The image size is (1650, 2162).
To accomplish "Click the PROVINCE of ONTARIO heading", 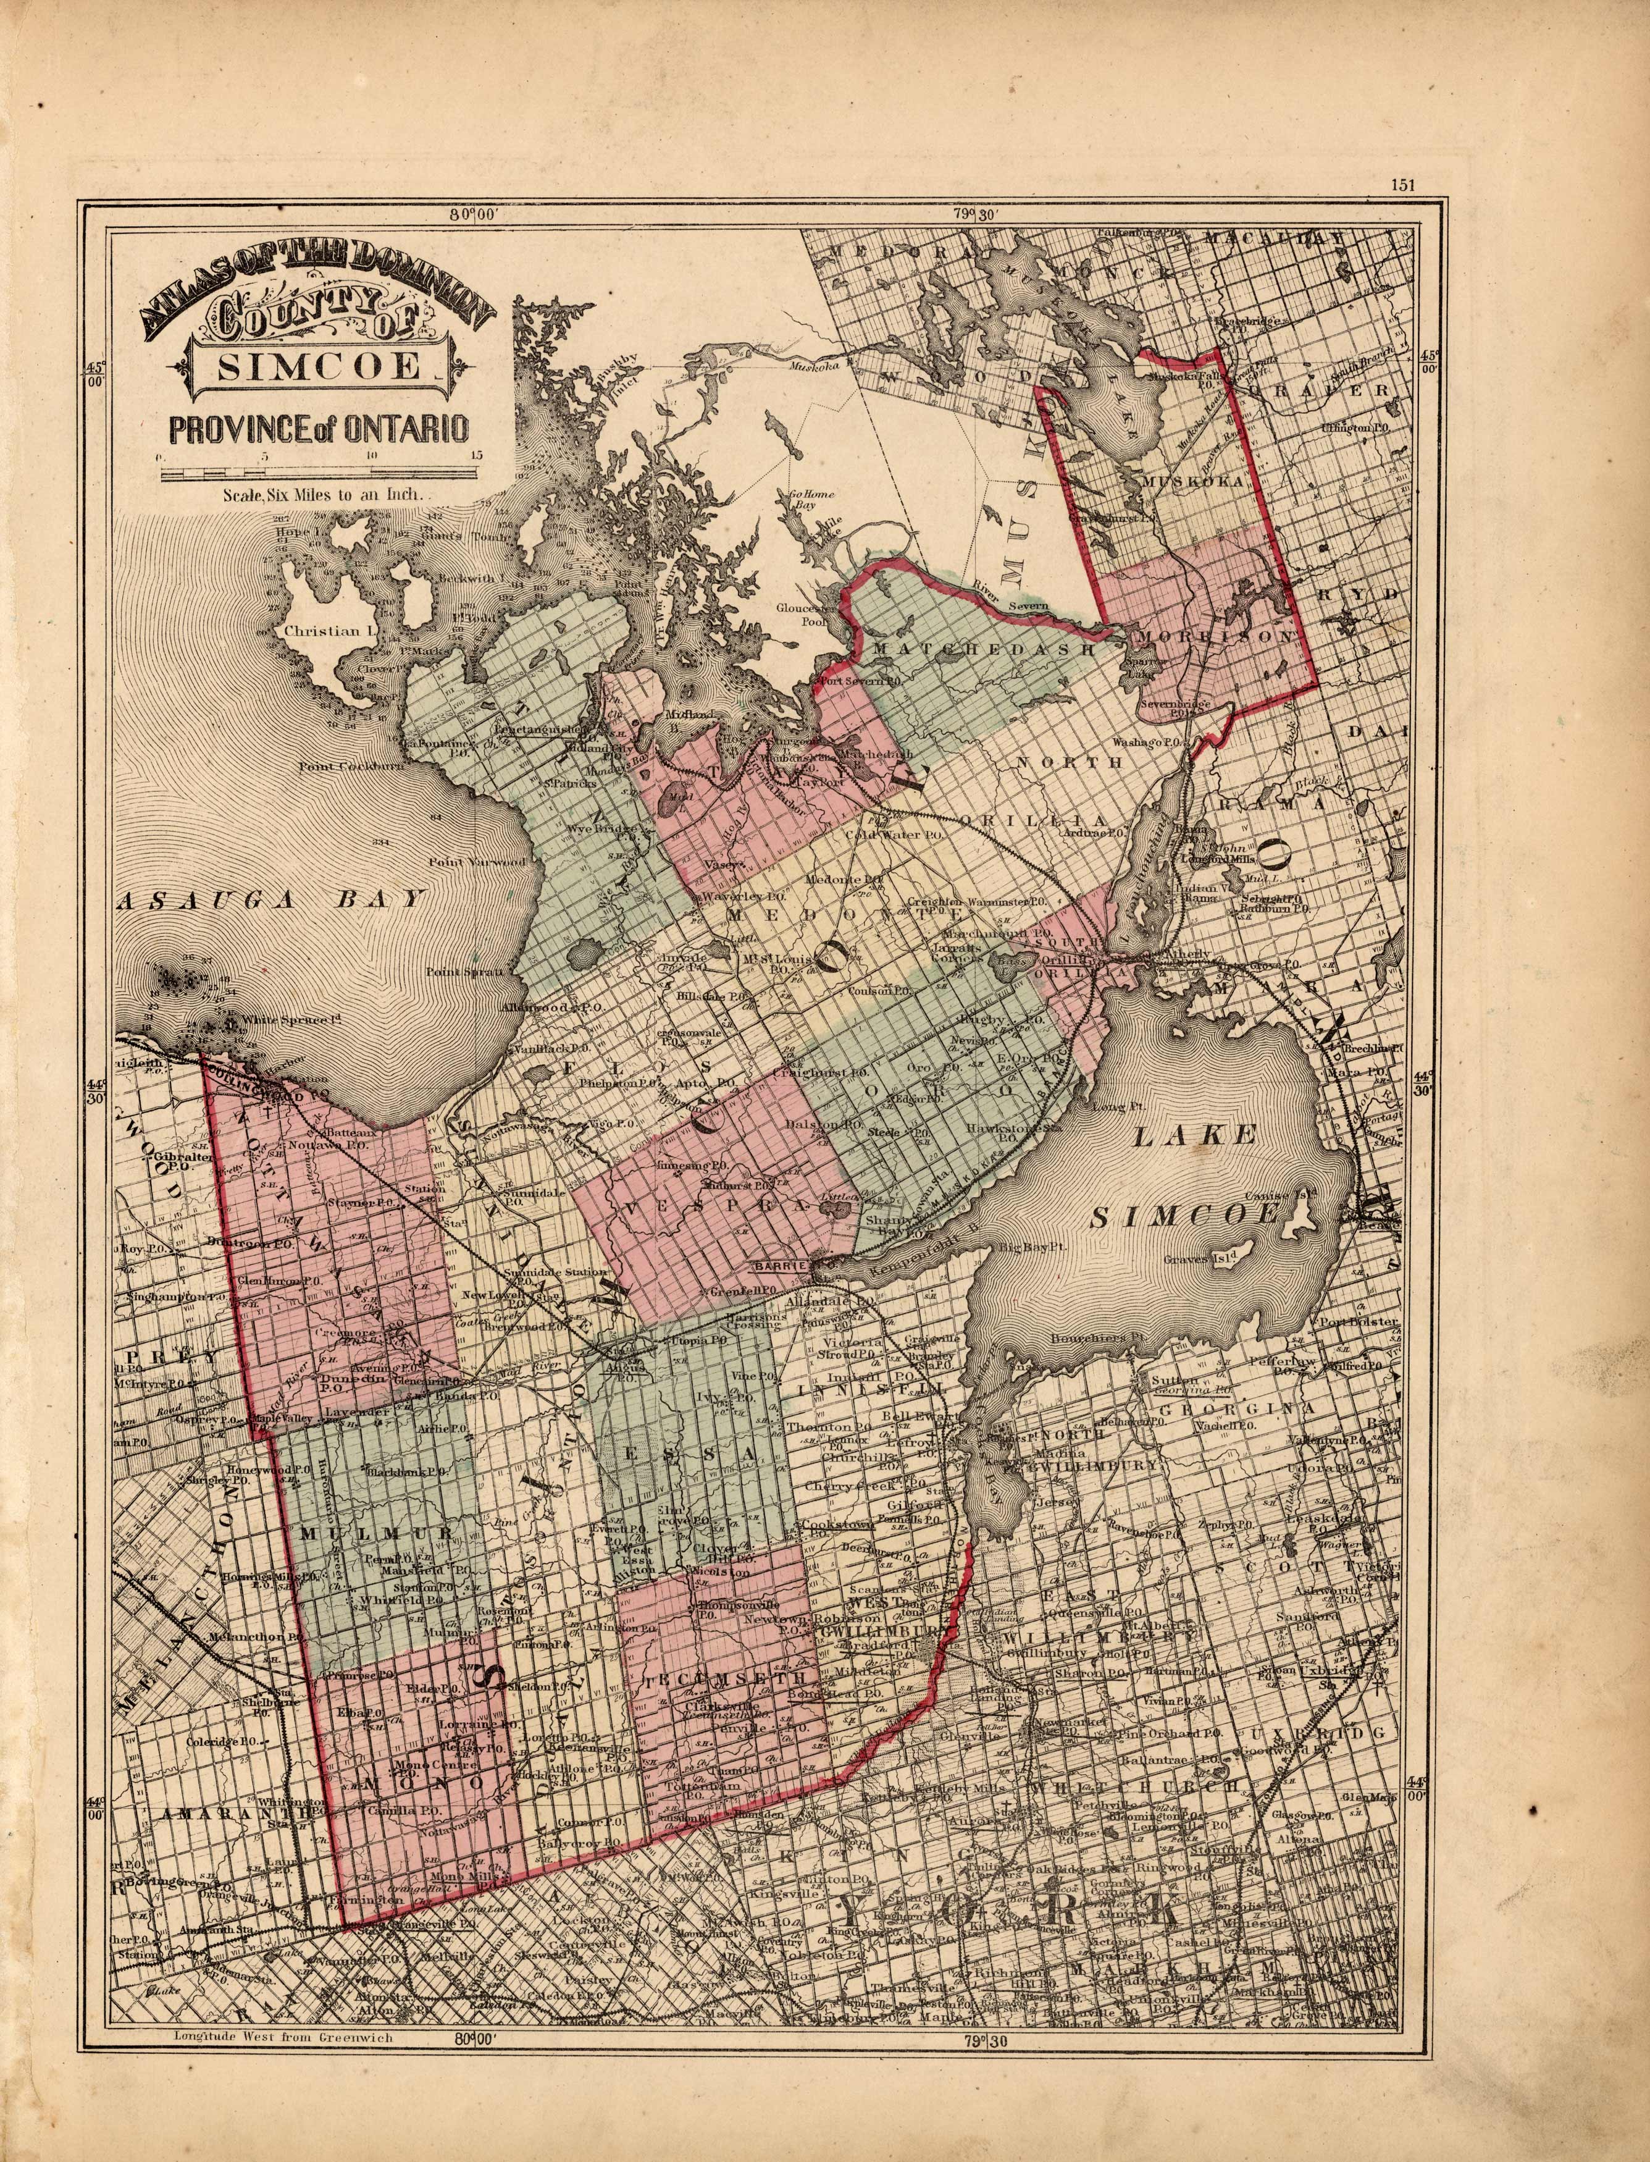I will (317, 429).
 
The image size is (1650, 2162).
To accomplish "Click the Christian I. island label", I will (323, 631).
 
